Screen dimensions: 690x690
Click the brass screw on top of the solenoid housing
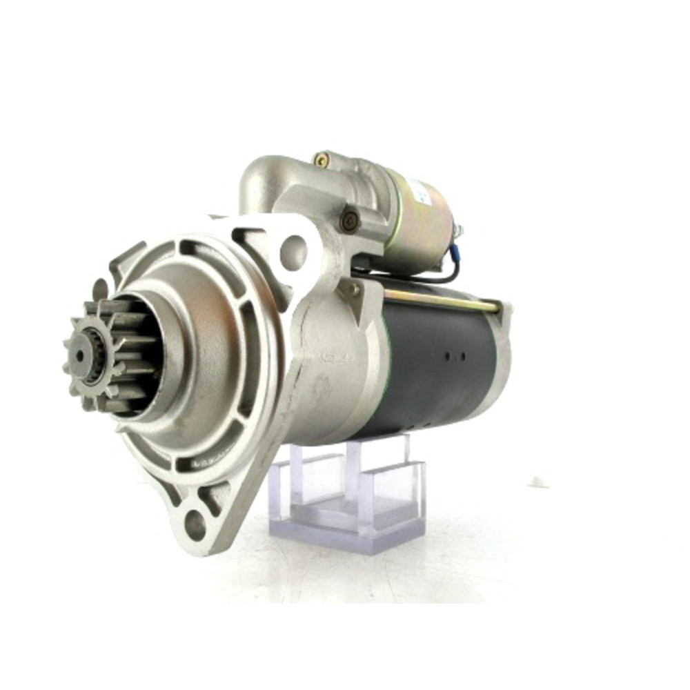(x=321, y=160)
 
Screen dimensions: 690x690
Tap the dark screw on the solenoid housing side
(x=350, y=220)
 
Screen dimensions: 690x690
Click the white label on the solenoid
(x=417, y=190)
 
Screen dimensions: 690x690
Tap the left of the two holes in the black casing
(x=447, y=357)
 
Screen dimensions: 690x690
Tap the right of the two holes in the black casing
(x=462, y=357)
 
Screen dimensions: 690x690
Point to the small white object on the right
(x=538, y=482)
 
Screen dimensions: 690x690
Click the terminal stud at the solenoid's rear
(x=458, y=231)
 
